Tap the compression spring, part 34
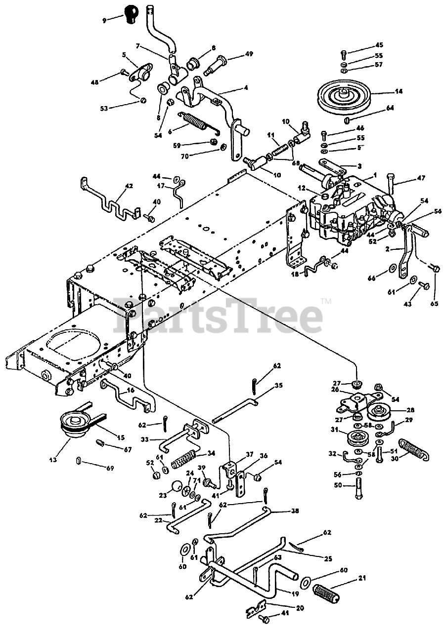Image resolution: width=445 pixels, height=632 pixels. coord(188,459)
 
